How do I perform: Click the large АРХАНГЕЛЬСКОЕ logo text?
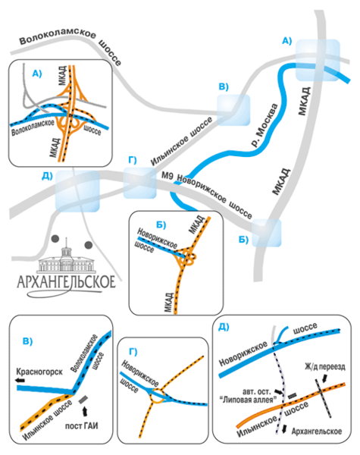pyautogui.click(x=66, y=282)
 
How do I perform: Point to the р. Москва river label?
pyautogui.click(x=264, y=125)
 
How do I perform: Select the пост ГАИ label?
pyautogui.click(x=82, y=425)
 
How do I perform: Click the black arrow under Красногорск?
pyautogui.click(x=20, y=380)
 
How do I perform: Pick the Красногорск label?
pyautogui.click(x=39, y=372)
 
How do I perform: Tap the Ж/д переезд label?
pyautogui.click(x=325, y=367)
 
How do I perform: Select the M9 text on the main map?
pyautogui.click(x=167, y=175)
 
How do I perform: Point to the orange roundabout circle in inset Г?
pyautogui.click(x=157, y=397)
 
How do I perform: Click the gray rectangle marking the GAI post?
pyautogui.click(x=83, y=400)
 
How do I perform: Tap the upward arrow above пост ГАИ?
pyautogui.click(x=84, y=411)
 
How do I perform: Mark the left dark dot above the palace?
pyautogui.click(x=55, y=239)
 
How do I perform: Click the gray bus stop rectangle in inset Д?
pyautogui.click(x=292, y=395)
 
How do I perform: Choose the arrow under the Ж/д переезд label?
pyautogui.click(x=324, y=378)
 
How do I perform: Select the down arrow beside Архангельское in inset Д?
pyautogui.click(x=284, y=429)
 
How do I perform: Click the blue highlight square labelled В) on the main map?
pyautogui.click(x=233, y=110)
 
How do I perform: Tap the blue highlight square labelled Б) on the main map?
pyautogui.click(x=267, y=233)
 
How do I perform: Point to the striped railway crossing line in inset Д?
pyautogui.click(x=323, y=398)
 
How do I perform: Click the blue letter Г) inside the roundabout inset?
pyautogui.click(x=133, y=352)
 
